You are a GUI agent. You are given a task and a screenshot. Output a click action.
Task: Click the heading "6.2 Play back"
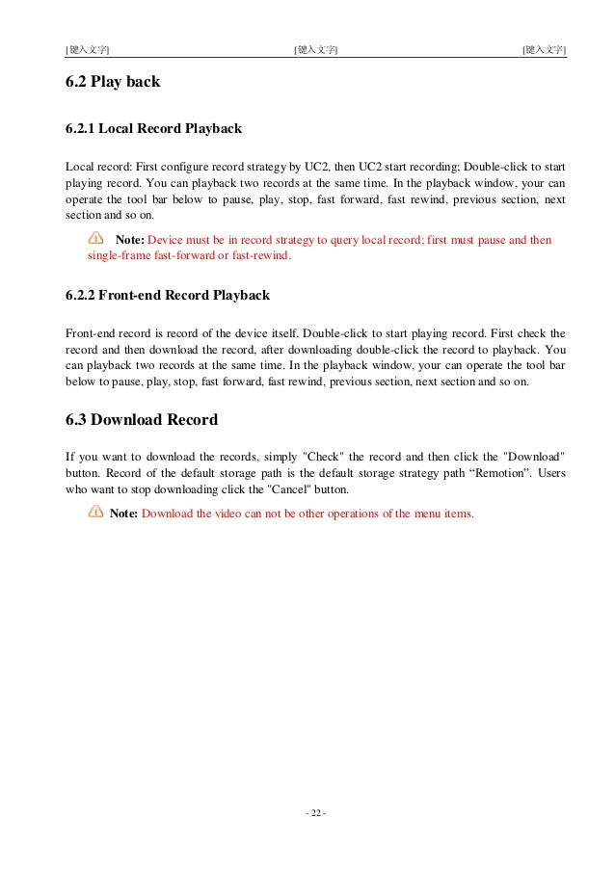pyautogui.click(x=112, y=83)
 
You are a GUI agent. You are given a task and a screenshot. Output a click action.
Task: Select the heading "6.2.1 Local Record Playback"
pyautogui.click(x=152, y=128)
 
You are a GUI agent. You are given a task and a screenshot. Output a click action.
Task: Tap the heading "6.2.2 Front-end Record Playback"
pyautogui.click(x=167, y=295)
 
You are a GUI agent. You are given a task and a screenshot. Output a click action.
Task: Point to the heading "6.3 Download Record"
pyautogui.click(x=141, y=420)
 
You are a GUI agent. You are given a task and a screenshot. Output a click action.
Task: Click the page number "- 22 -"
pyautogui.click(x=315, y=813)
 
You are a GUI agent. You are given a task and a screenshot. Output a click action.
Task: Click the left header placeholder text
pyautogui.click(x=87, y=48)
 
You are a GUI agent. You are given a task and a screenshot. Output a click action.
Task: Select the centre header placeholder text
pyautogui.click(x=315, y=48)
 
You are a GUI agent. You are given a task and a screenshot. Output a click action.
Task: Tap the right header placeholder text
pyautogui.click(x=544, y=48)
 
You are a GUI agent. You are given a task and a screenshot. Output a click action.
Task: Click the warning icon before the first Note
pyautogui.click(x=95, y=238)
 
